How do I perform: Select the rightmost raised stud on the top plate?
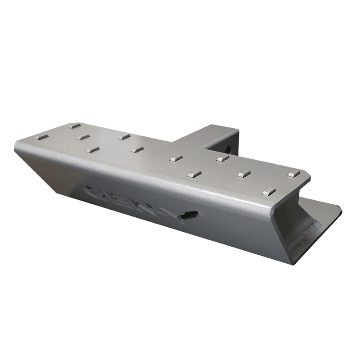point(293,174)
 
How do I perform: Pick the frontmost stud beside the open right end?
point(269,191)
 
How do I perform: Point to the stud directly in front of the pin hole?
point(220,159)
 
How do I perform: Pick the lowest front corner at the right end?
point(290,261)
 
